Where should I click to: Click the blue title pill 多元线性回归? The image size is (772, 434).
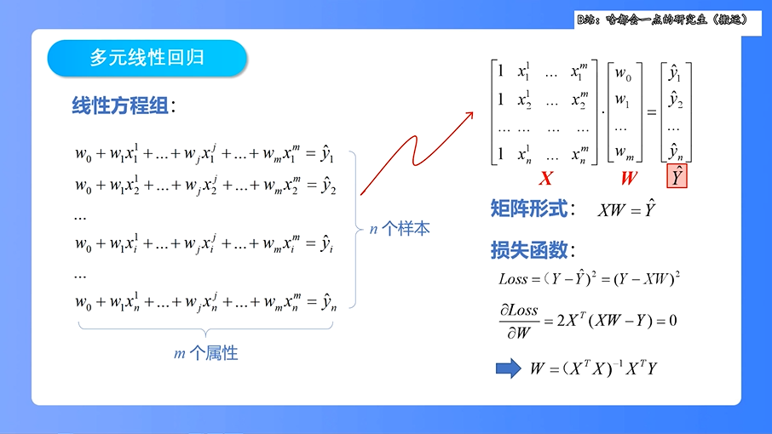tap(147, 58)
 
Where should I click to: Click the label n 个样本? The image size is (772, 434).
tap(400, 228)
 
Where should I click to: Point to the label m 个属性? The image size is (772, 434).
tap(205, 353)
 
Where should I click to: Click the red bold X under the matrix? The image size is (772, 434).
tap(546, 179)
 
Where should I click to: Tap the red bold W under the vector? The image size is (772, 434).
tap(629, 179)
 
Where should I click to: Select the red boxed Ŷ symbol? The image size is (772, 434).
tap(676, 177)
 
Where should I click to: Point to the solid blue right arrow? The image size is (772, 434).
tap(509, 368)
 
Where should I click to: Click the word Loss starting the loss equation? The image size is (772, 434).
tap(514, 278)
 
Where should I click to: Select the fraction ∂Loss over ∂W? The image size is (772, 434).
tap(519, 322)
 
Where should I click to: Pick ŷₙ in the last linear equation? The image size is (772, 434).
tap(328, 301)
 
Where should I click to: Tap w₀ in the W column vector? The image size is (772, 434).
tap(623, 73)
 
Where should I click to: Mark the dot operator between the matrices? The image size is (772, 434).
tap(602, 111)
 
